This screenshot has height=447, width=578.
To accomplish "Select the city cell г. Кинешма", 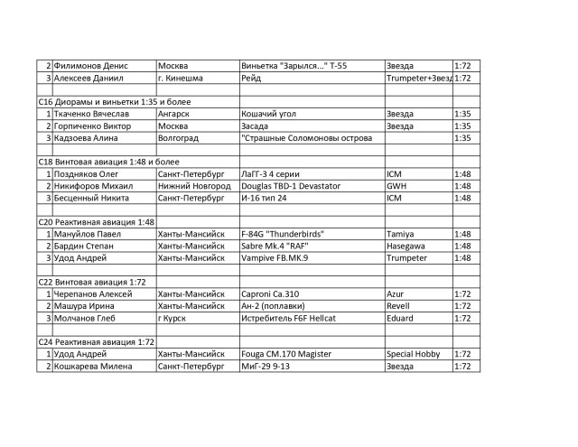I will click(186, 79).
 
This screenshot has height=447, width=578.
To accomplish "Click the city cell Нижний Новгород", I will click(193, 186).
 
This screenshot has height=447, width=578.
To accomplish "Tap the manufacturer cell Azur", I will click(396, 293).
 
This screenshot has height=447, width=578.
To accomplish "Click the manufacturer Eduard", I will click(401, 318).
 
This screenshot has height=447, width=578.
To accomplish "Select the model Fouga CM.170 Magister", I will click(287, 354).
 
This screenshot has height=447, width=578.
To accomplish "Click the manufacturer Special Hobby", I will click(413, 354).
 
